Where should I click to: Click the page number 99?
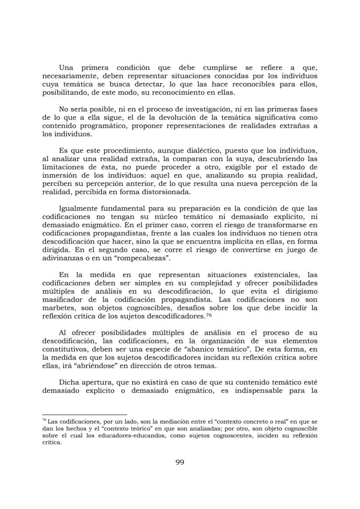coord(180,462)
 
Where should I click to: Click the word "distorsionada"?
coord(163,192)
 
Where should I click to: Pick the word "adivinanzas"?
coord(62,258)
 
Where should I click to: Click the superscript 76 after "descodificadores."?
coord(208,315)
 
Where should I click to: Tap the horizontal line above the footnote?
coord(84,415)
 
